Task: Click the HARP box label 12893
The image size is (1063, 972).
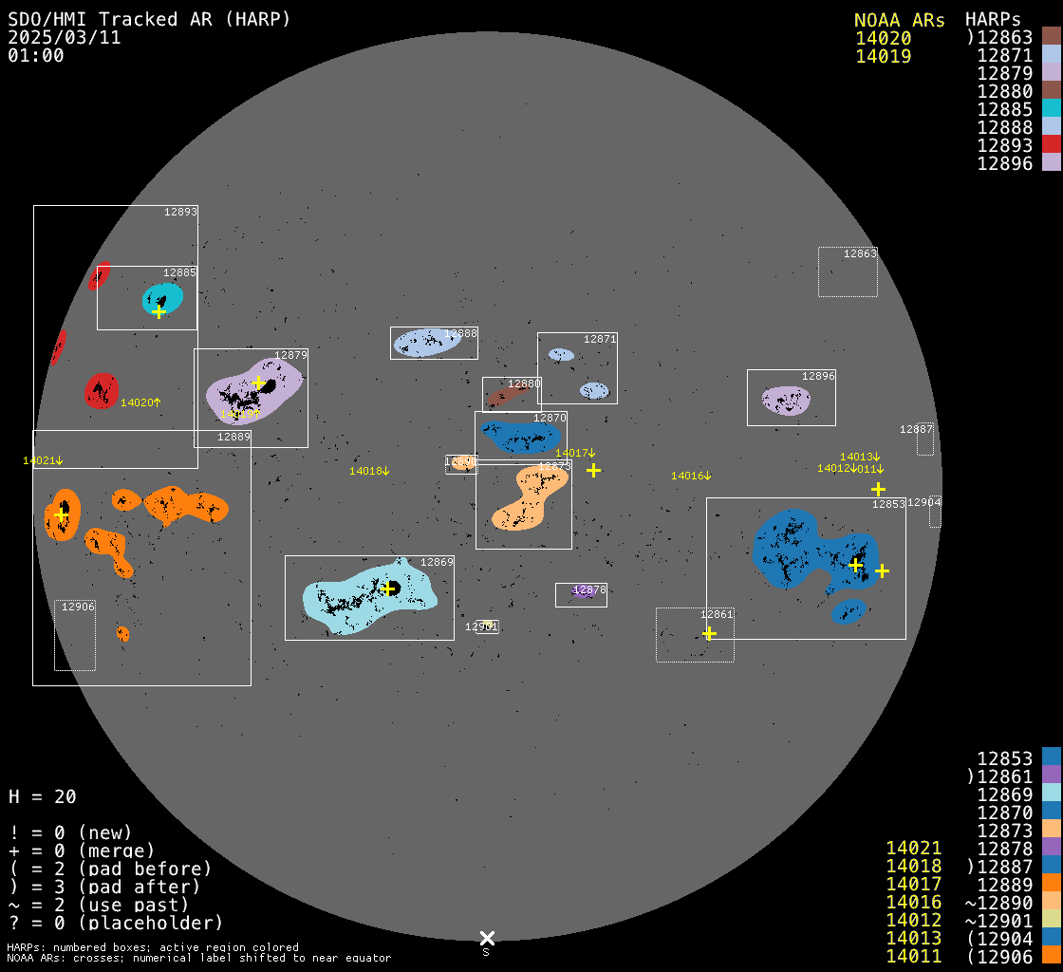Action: pos(180,212)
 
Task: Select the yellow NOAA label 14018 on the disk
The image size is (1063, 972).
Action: pos(368,471)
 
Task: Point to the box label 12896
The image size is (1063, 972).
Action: pos(818,376)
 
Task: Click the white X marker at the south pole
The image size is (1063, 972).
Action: pos(487,938)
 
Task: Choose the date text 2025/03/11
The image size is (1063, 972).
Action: pos(65,37)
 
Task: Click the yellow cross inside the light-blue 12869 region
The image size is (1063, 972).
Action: pos(388,589)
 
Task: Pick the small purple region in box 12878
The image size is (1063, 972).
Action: pos(582,591)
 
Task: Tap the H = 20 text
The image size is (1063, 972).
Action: pos(42,796)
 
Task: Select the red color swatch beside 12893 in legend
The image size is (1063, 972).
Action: pos(1051,144)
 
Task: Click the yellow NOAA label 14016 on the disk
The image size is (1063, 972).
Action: pos(690,476)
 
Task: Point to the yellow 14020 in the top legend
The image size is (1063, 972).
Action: pos(884,38)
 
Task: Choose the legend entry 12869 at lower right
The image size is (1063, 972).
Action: pos(1005,794)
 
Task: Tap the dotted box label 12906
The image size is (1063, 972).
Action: pos(78,607)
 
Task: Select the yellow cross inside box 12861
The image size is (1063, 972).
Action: pos(709,633)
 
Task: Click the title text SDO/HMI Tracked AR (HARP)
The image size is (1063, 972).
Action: pos(149,19)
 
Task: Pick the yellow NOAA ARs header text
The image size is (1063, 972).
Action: pos(899,20)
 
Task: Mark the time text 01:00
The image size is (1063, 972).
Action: pos(36,55)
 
